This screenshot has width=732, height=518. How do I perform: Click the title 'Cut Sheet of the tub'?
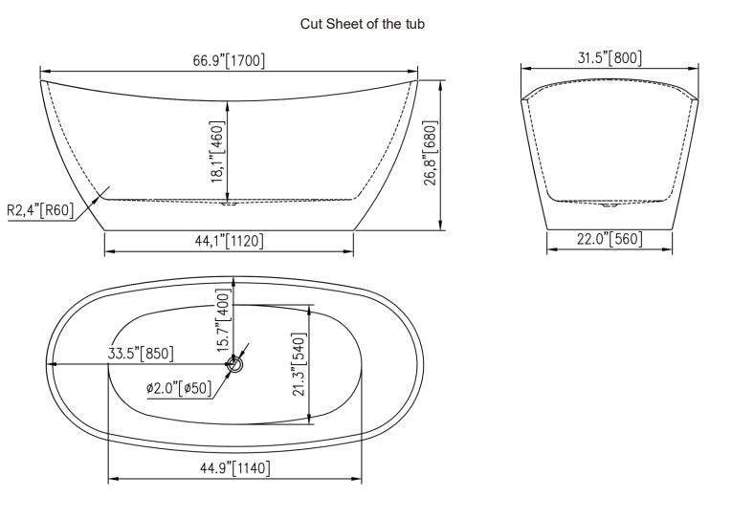[362, 24]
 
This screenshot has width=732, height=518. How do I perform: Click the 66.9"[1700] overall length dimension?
[229, 59]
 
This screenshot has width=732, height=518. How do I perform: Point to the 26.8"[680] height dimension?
[431, 154]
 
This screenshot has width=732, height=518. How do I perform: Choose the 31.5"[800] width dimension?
[610, 57]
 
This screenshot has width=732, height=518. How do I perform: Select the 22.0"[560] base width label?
[609, 239]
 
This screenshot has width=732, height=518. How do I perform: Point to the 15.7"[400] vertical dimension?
[224, 322]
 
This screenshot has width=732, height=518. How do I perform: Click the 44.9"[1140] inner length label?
[234, 467]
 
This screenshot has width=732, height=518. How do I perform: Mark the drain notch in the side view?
[229, 203]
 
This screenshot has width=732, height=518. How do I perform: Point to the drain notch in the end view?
[609, 204]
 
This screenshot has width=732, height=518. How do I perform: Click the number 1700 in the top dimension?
[246, 59]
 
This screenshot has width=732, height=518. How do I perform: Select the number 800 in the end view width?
[627, 57]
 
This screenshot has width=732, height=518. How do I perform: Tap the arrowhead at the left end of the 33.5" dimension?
[52, 364]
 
